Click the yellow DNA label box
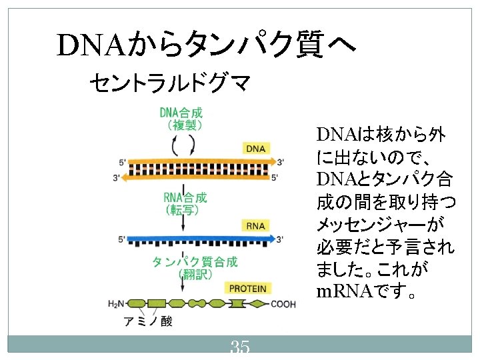pos(256,149)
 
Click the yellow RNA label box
pos(255,226)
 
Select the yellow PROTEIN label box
pos(247,289)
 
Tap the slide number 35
pos(240,347)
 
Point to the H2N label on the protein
pos(116,304)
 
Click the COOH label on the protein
pos(283,304)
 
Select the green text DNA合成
pos(181,113)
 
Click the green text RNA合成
pos(185,198)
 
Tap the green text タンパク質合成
pos(195,262)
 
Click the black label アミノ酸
pos(148,321)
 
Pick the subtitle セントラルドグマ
pos(170,83)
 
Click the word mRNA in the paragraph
pos(345,291)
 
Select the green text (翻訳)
pos(195,274)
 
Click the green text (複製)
pos(185,125)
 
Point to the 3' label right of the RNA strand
pos(280,239)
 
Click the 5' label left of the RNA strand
pos(122,239)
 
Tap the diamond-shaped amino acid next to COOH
pos(258,304)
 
